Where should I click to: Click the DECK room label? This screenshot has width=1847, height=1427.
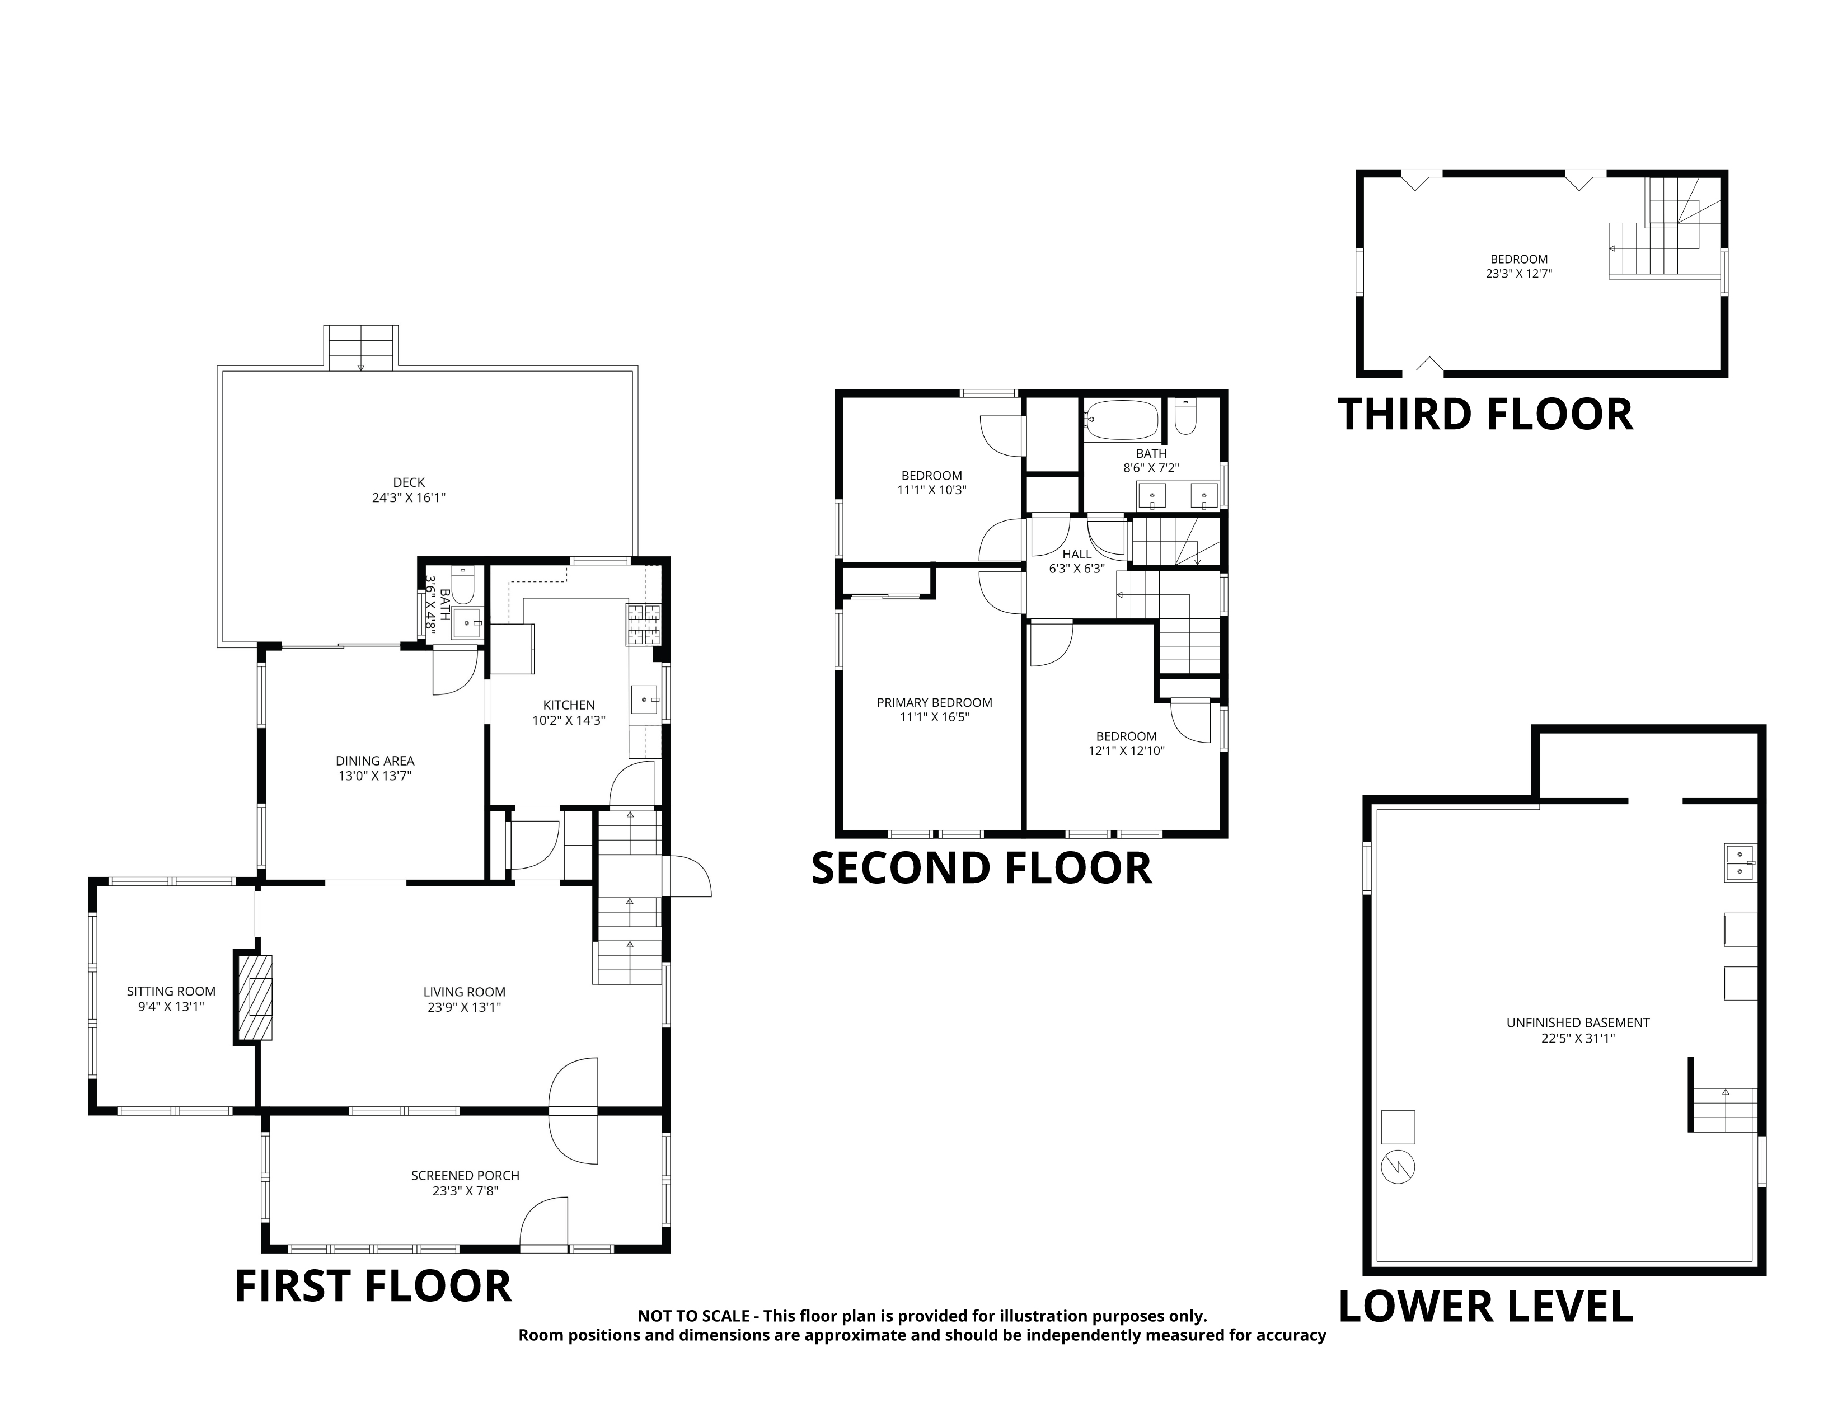tap(409, 483)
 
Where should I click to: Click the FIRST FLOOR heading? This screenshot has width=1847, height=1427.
tap(373, 1286)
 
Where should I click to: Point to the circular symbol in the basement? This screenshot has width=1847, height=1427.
tap(1398, 1167)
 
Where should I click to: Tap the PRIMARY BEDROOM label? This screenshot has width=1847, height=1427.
tap(935, 702)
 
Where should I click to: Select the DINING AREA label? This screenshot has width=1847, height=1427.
tap(374, 761)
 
